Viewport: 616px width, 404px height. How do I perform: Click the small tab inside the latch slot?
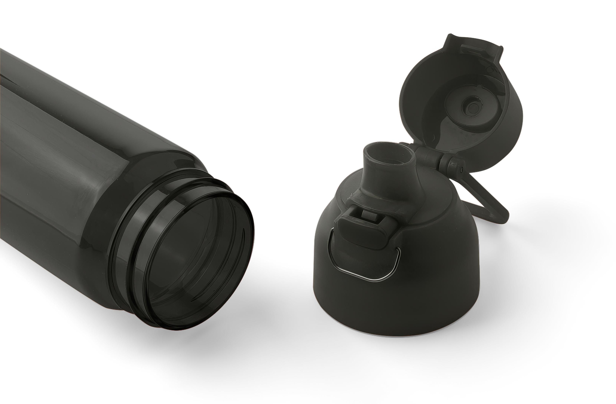tap(369, 215)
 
